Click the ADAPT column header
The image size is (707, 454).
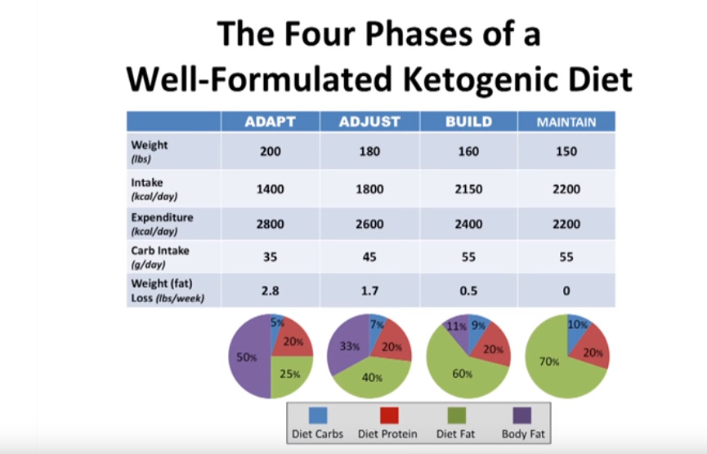coord(270,122)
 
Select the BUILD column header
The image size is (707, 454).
coord(468,122)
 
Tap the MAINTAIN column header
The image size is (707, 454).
coord(566,122)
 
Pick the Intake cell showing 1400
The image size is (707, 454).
coord(271,189)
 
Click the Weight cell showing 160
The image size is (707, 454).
coord(469,151)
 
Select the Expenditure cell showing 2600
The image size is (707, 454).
coord(369,225)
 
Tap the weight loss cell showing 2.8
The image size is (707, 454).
coord(271,291)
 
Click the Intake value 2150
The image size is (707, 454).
coord(469,189)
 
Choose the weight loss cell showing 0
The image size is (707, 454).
coord(566,291)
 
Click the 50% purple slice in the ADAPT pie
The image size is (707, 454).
coord(248,357)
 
